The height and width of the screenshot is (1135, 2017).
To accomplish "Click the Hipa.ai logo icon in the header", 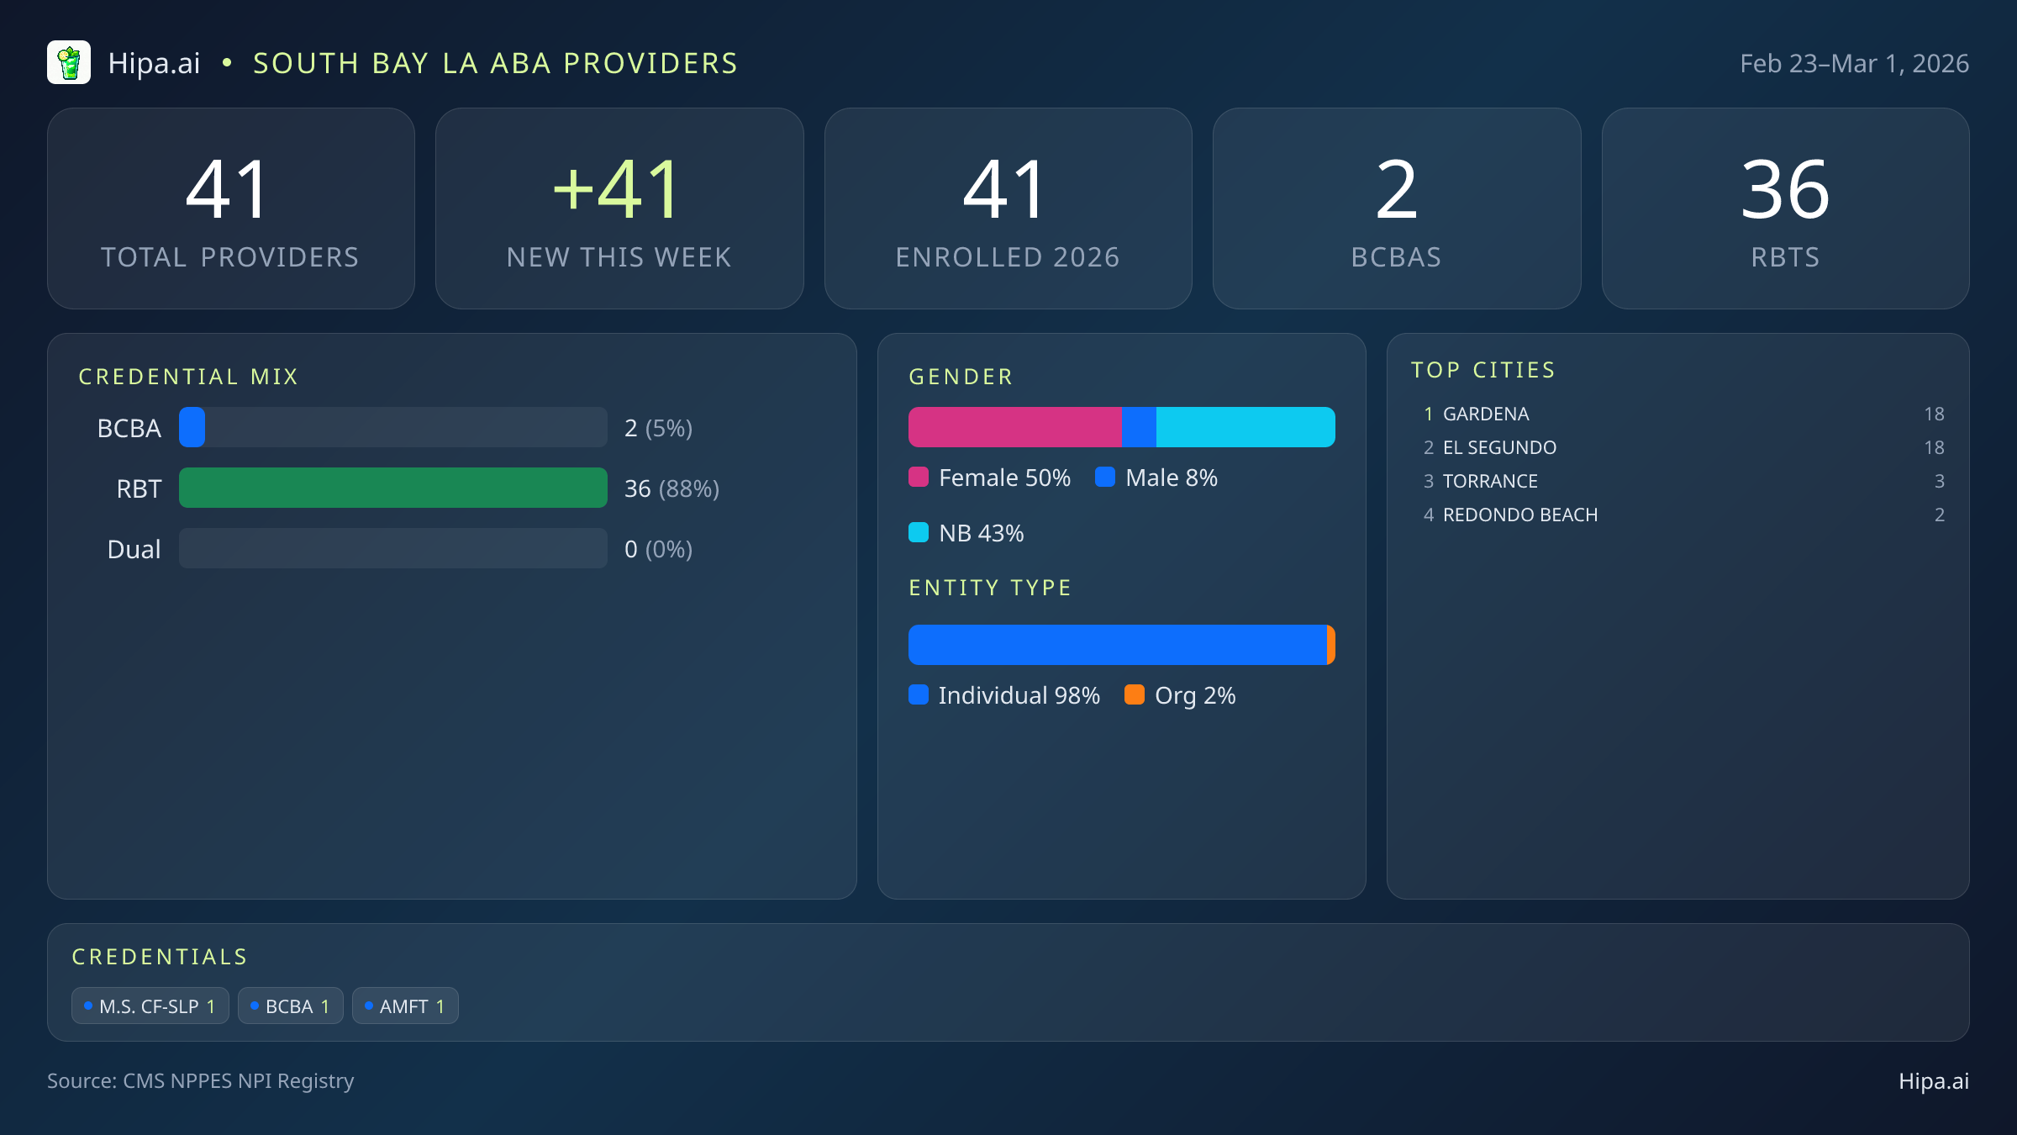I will (69, 63).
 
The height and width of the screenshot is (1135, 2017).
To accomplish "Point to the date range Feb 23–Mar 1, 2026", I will (1854, 64).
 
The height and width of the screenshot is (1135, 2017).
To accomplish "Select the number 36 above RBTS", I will (1785, 190).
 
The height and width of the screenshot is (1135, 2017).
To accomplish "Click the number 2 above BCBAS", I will (1396, 190).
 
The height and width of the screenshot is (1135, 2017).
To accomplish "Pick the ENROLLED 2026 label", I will (1008, 257).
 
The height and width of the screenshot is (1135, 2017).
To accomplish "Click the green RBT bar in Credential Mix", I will (392, 488).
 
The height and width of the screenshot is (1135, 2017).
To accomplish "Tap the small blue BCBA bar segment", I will (192, 427).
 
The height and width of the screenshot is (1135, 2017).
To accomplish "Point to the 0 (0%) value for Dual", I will (658, 549).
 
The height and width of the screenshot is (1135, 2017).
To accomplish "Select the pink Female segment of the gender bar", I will (1014, 427).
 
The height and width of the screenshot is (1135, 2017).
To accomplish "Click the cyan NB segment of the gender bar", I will (1245, 427).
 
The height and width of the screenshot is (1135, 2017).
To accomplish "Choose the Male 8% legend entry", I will (1156, 478).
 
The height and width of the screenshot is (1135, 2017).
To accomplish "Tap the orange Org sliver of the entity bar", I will (1331, 645).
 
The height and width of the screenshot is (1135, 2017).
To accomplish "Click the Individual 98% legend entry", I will (1004, 695).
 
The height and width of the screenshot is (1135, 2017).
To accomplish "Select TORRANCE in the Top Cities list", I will (1490, 481).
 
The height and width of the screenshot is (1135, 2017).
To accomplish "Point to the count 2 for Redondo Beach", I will (1939, 515).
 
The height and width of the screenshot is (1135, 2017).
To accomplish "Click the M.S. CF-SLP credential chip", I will (150, 1006).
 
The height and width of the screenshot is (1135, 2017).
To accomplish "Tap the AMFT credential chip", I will (405, 1006).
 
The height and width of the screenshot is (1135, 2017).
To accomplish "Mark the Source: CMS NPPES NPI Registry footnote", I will (200, 1080).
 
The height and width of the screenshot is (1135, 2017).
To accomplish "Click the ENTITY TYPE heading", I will (990, 588).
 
